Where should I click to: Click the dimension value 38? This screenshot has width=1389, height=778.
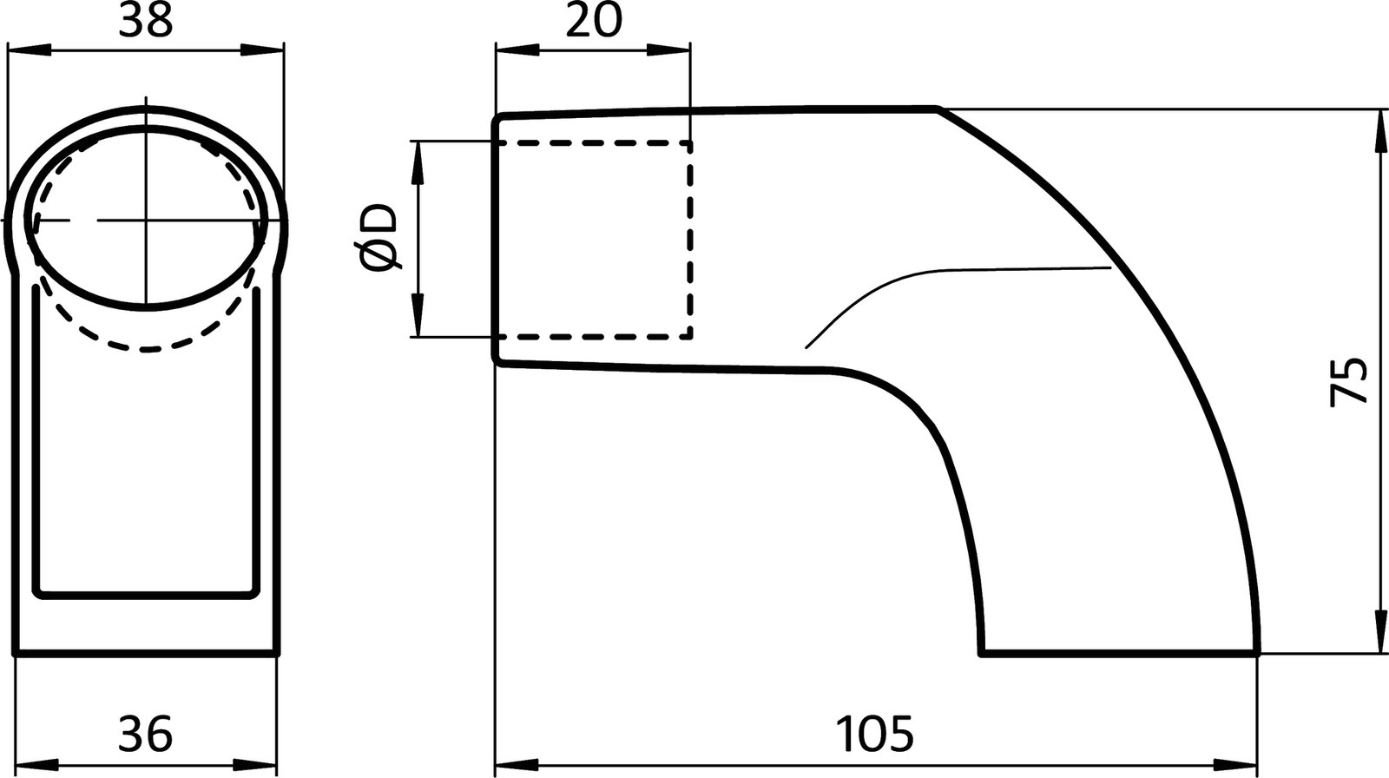[146, 22]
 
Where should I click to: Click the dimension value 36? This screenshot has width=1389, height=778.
[146, 735]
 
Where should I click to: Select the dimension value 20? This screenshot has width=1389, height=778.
[594, 22]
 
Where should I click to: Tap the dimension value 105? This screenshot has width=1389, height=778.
[875, 735]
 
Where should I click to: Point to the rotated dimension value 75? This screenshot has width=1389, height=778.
[1348, 380]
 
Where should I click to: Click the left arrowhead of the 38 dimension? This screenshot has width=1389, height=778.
[26, 50]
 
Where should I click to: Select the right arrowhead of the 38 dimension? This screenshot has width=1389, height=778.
[265, 50]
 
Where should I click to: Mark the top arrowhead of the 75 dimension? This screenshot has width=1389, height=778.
[1378, 130]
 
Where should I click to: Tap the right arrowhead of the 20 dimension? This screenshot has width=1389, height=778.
[671, 50]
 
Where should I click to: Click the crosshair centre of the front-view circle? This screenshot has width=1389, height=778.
[147, 221]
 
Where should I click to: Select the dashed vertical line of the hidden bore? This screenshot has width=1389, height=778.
[690, 239]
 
